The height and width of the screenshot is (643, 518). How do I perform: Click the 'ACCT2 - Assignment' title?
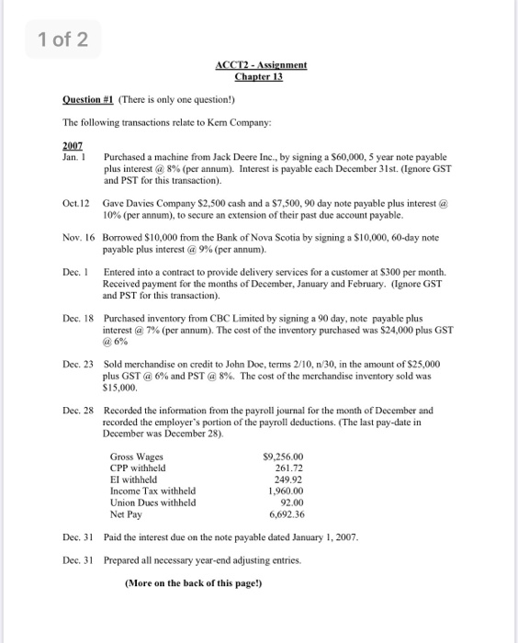[x=261, y=65]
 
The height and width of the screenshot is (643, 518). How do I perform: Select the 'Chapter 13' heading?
[x=261, y=76]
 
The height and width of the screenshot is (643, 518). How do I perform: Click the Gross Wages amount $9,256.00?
[x=282, y=457]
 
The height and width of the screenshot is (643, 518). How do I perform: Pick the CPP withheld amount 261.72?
[x=288, y=468]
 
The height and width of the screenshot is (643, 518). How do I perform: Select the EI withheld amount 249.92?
[x=288, y=479]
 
